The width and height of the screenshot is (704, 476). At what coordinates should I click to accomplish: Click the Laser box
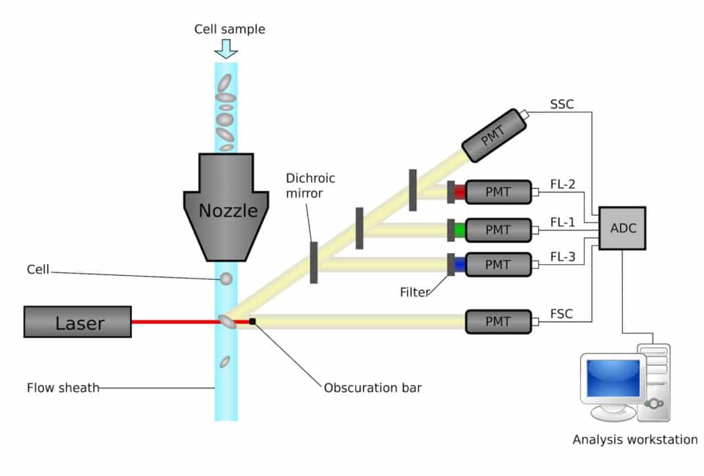77,322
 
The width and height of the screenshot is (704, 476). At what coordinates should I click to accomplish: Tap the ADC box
621,228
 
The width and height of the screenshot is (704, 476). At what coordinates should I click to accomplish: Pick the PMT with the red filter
498,192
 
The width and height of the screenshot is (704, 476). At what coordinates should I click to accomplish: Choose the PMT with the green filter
498,229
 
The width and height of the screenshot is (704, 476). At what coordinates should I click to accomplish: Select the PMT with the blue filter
498,265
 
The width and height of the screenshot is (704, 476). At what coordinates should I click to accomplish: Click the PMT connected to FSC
498,321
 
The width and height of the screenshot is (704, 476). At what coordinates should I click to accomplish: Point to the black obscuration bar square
253,321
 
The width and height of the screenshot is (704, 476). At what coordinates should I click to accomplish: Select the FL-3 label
562,257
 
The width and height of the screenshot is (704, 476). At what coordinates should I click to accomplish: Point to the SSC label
562,105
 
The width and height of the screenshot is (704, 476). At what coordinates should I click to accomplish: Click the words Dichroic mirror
311,186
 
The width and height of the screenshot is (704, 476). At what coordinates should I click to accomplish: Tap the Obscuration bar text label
373,388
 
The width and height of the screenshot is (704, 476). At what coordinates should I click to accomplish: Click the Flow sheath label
63,388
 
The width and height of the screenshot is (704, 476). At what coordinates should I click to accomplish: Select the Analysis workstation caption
635,440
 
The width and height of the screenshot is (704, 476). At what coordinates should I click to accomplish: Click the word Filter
415,292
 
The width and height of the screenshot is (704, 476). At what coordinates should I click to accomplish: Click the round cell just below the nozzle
225,279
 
